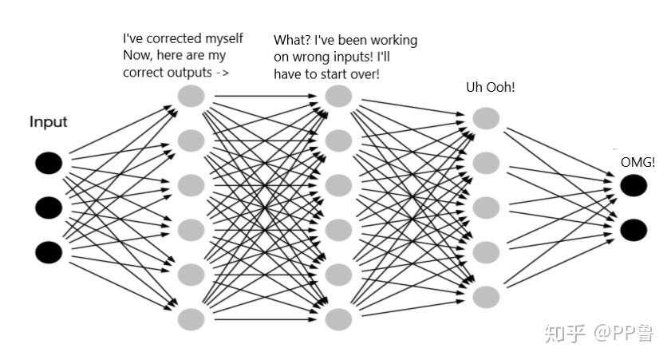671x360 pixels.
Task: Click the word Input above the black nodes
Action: pyautogui.click(x=49, y=122)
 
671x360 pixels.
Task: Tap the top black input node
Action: pyautogui.click(x=48, y=164)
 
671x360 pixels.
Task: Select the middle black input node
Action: pyautogui.click(x=48, y=208)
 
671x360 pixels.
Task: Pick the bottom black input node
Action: pyautogui.click(x=48, y=252)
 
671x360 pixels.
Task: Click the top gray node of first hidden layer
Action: pyautogui.click(x=191, y=97)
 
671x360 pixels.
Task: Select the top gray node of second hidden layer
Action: pyautogui.click(x=339, y=97)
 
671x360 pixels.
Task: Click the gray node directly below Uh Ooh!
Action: pyautogui.click(x=486, y=118)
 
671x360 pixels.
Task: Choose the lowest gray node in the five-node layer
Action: pyautogui.click(x=486, y=297)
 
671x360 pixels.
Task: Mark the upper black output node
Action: pyautogui.click(x=634, y=185)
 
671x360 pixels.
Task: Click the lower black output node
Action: pyautogui.click(x=634, y=230)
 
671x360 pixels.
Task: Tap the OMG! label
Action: pyautogui.click(x=637, y=163)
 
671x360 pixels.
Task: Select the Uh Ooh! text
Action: pyautogui.click(x=490, y=86)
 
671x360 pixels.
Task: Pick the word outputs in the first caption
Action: pyautogui.click(x=189, y=72)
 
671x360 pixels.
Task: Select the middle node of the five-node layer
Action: pyautogui.click(x=486, y=208)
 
